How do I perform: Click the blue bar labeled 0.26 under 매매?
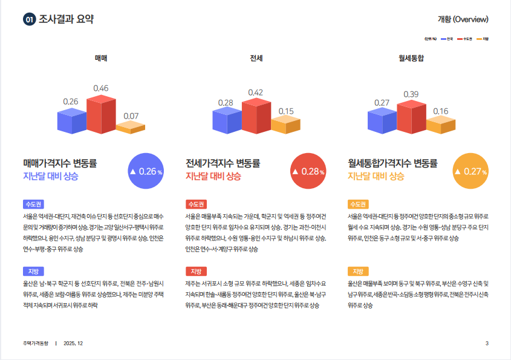(x=71, y=121)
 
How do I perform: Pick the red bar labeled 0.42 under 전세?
(x=256, y=117)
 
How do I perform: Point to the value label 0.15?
(x=286, y=111)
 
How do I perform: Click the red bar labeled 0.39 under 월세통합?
(x=412, y=117)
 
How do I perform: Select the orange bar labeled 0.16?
(x=440, y=125)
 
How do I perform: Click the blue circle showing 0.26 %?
(x=146, y=171)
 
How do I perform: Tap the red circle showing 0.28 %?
(x=308, y=171)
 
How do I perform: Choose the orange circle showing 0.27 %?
(x=470, y=171)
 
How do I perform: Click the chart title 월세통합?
(x=411, y=58)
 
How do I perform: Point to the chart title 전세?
(x=256, y=58)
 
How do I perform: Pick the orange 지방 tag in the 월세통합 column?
(x=358, y=271)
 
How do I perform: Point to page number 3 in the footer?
(x=487, y=344)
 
